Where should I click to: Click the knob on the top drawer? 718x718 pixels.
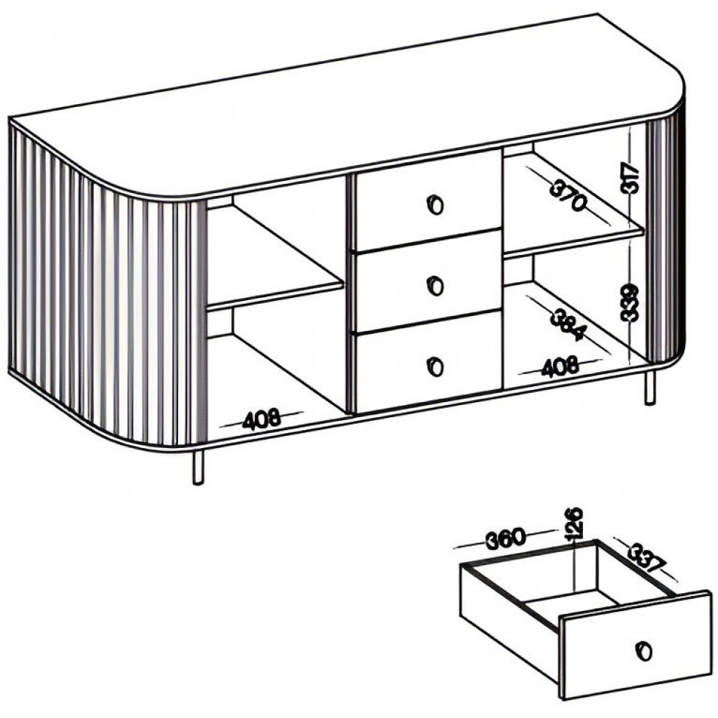pyautogui.click(x=436, y=204)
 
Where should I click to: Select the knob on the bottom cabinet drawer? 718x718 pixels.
pyautogui.click(x=436, y=366)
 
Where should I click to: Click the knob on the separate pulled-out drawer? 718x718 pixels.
pyautogui.click(x=644, y=651)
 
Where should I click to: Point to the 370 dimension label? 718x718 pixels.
pyautogui.click(x=568, y=195)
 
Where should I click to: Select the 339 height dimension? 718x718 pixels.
pyautogui.click(x=630, y=303)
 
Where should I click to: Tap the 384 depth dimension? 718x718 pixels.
pyautogui.click(x=567, y=325)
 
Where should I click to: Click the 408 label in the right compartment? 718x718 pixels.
pyautogui.click(x=559, y=367)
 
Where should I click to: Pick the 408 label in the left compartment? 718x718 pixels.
pyautogui.click(x=261, y=419)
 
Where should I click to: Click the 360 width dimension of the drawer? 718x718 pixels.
pyautogui.click(x=505, y=538)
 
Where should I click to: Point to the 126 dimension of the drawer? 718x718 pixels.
pyautogui.click(x=574, y=523)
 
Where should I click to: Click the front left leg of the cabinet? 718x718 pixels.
pyautogui.click(x=198, y=467)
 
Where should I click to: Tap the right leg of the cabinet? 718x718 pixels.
pyautogui.click(x=650, y=388)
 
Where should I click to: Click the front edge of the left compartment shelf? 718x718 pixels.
pyautogui.click(x=275, y=295)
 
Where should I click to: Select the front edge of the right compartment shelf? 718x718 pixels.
pyautogui.click(x=574, y=242)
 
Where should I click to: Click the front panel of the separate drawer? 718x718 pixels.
pyautogui.click(x=636, y=647)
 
